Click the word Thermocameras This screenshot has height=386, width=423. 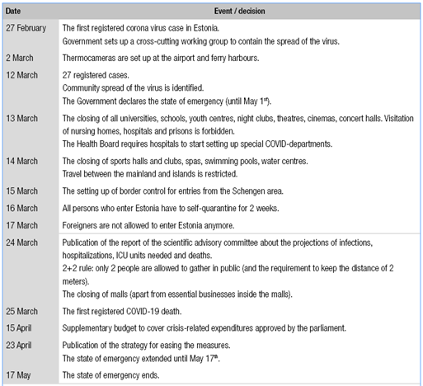(x=92, y=58)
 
